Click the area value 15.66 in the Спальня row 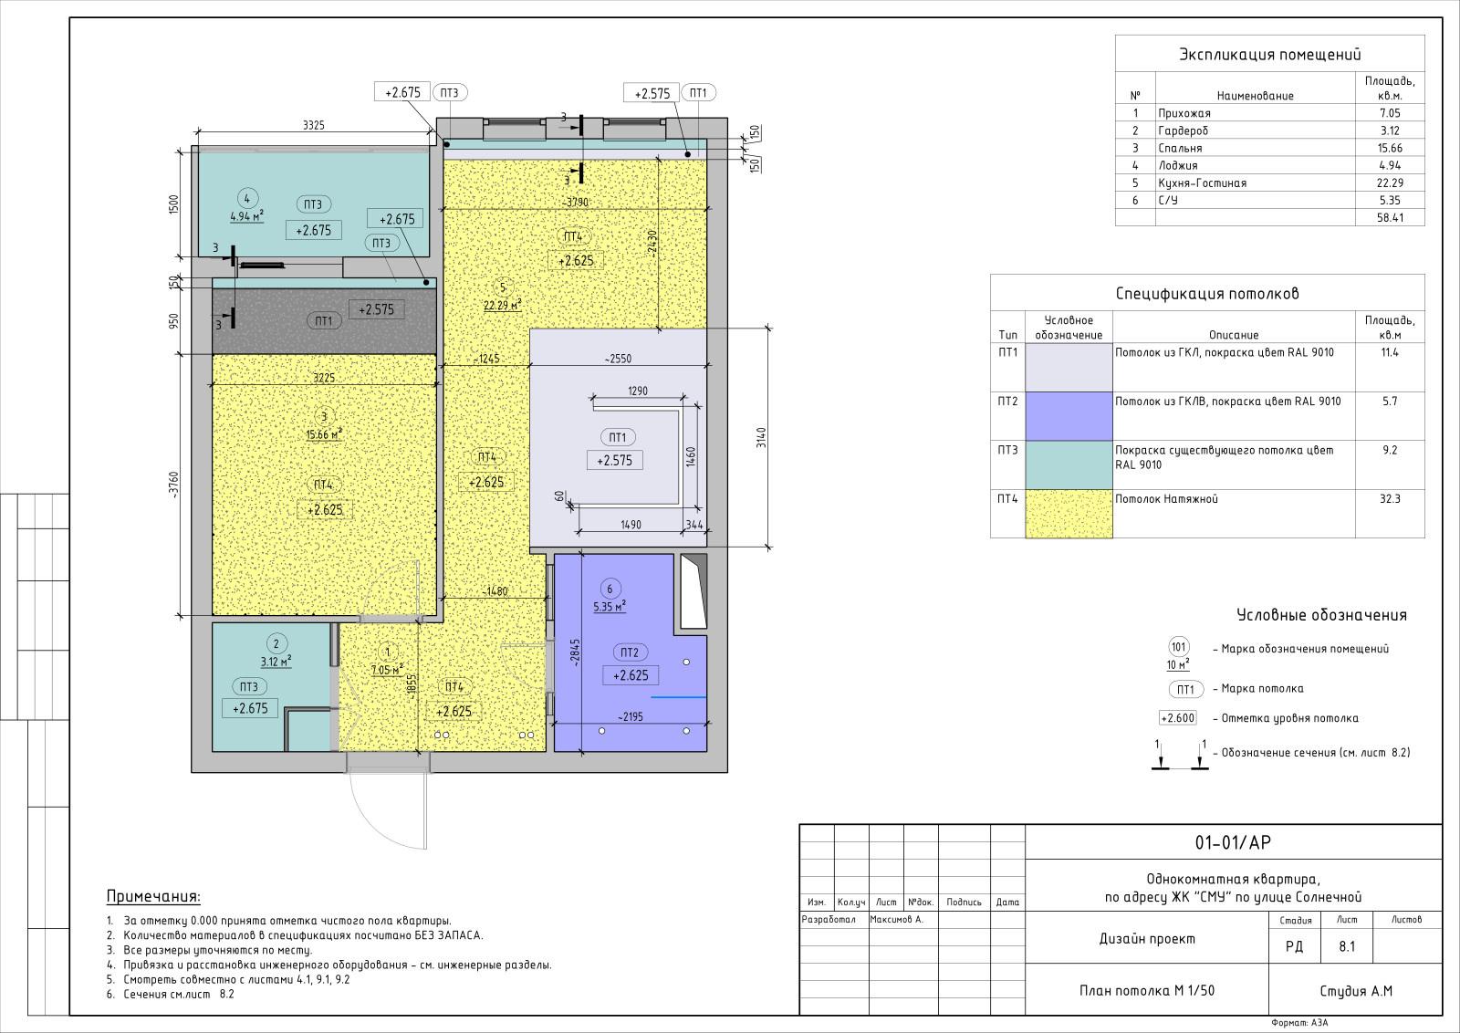[1390, 148]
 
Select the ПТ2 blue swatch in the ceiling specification [1069, 416]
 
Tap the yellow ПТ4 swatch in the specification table [1069, 514]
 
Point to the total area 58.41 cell [1390, 218]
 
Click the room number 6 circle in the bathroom [610, 590]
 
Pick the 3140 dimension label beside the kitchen [761, 437]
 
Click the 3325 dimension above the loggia [314, 125]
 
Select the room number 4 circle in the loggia [247, 199]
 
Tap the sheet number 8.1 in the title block [1347, 946]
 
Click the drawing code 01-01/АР [1233, 842]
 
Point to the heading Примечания [153, 897]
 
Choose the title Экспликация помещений [1269, 55]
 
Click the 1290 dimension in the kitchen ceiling [638, 391]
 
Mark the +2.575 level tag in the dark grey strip [376, 309]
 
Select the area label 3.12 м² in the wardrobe [276, 662]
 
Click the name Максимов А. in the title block [896, 920]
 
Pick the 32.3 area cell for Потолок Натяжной [1390, 499]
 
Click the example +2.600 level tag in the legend [1178, 718]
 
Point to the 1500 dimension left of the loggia [173, 204]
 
